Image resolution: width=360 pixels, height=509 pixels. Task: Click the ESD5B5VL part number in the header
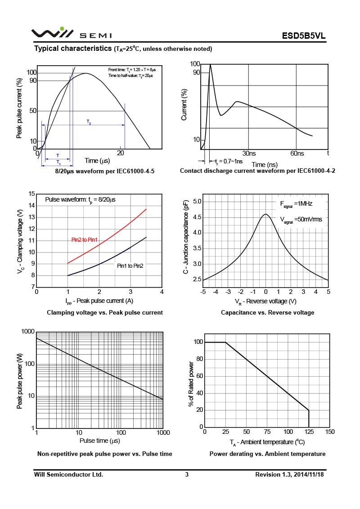point(304,36)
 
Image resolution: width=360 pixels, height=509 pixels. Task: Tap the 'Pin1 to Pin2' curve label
point(130,266)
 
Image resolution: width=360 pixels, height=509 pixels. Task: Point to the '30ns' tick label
point(249,153)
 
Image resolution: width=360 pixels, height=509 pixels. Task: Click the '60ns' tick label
point(297,153)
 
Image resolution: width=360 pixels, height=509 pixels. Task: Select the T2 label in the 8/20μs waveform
point(89,122)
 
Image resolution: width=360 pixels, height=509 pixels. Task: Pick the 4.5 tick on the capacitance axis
point(197,217)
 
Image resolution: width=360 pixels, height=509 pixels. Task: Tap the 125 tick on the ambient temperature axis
point(309,432)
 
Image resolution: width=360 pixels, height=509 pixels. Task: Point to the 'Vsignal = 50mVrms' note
point(298,220)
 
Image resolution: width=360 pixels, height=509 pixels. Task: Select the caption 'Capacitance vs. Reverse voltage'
point(267,312)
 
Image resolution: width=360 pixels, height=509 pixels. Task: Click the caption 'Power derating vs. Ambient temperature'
point(267,454)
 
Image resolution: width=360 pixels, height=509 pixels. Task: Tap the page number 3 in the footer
point(187,474)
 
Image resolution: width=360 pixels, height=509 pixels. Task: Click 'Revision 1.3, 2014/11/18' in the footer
point(289,474)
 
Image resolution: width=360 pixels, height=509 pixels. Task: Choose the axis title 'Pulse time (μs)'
point(99,441)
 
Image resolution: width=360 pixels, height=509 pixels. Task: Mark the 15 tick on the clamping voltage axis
point(31,194)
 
